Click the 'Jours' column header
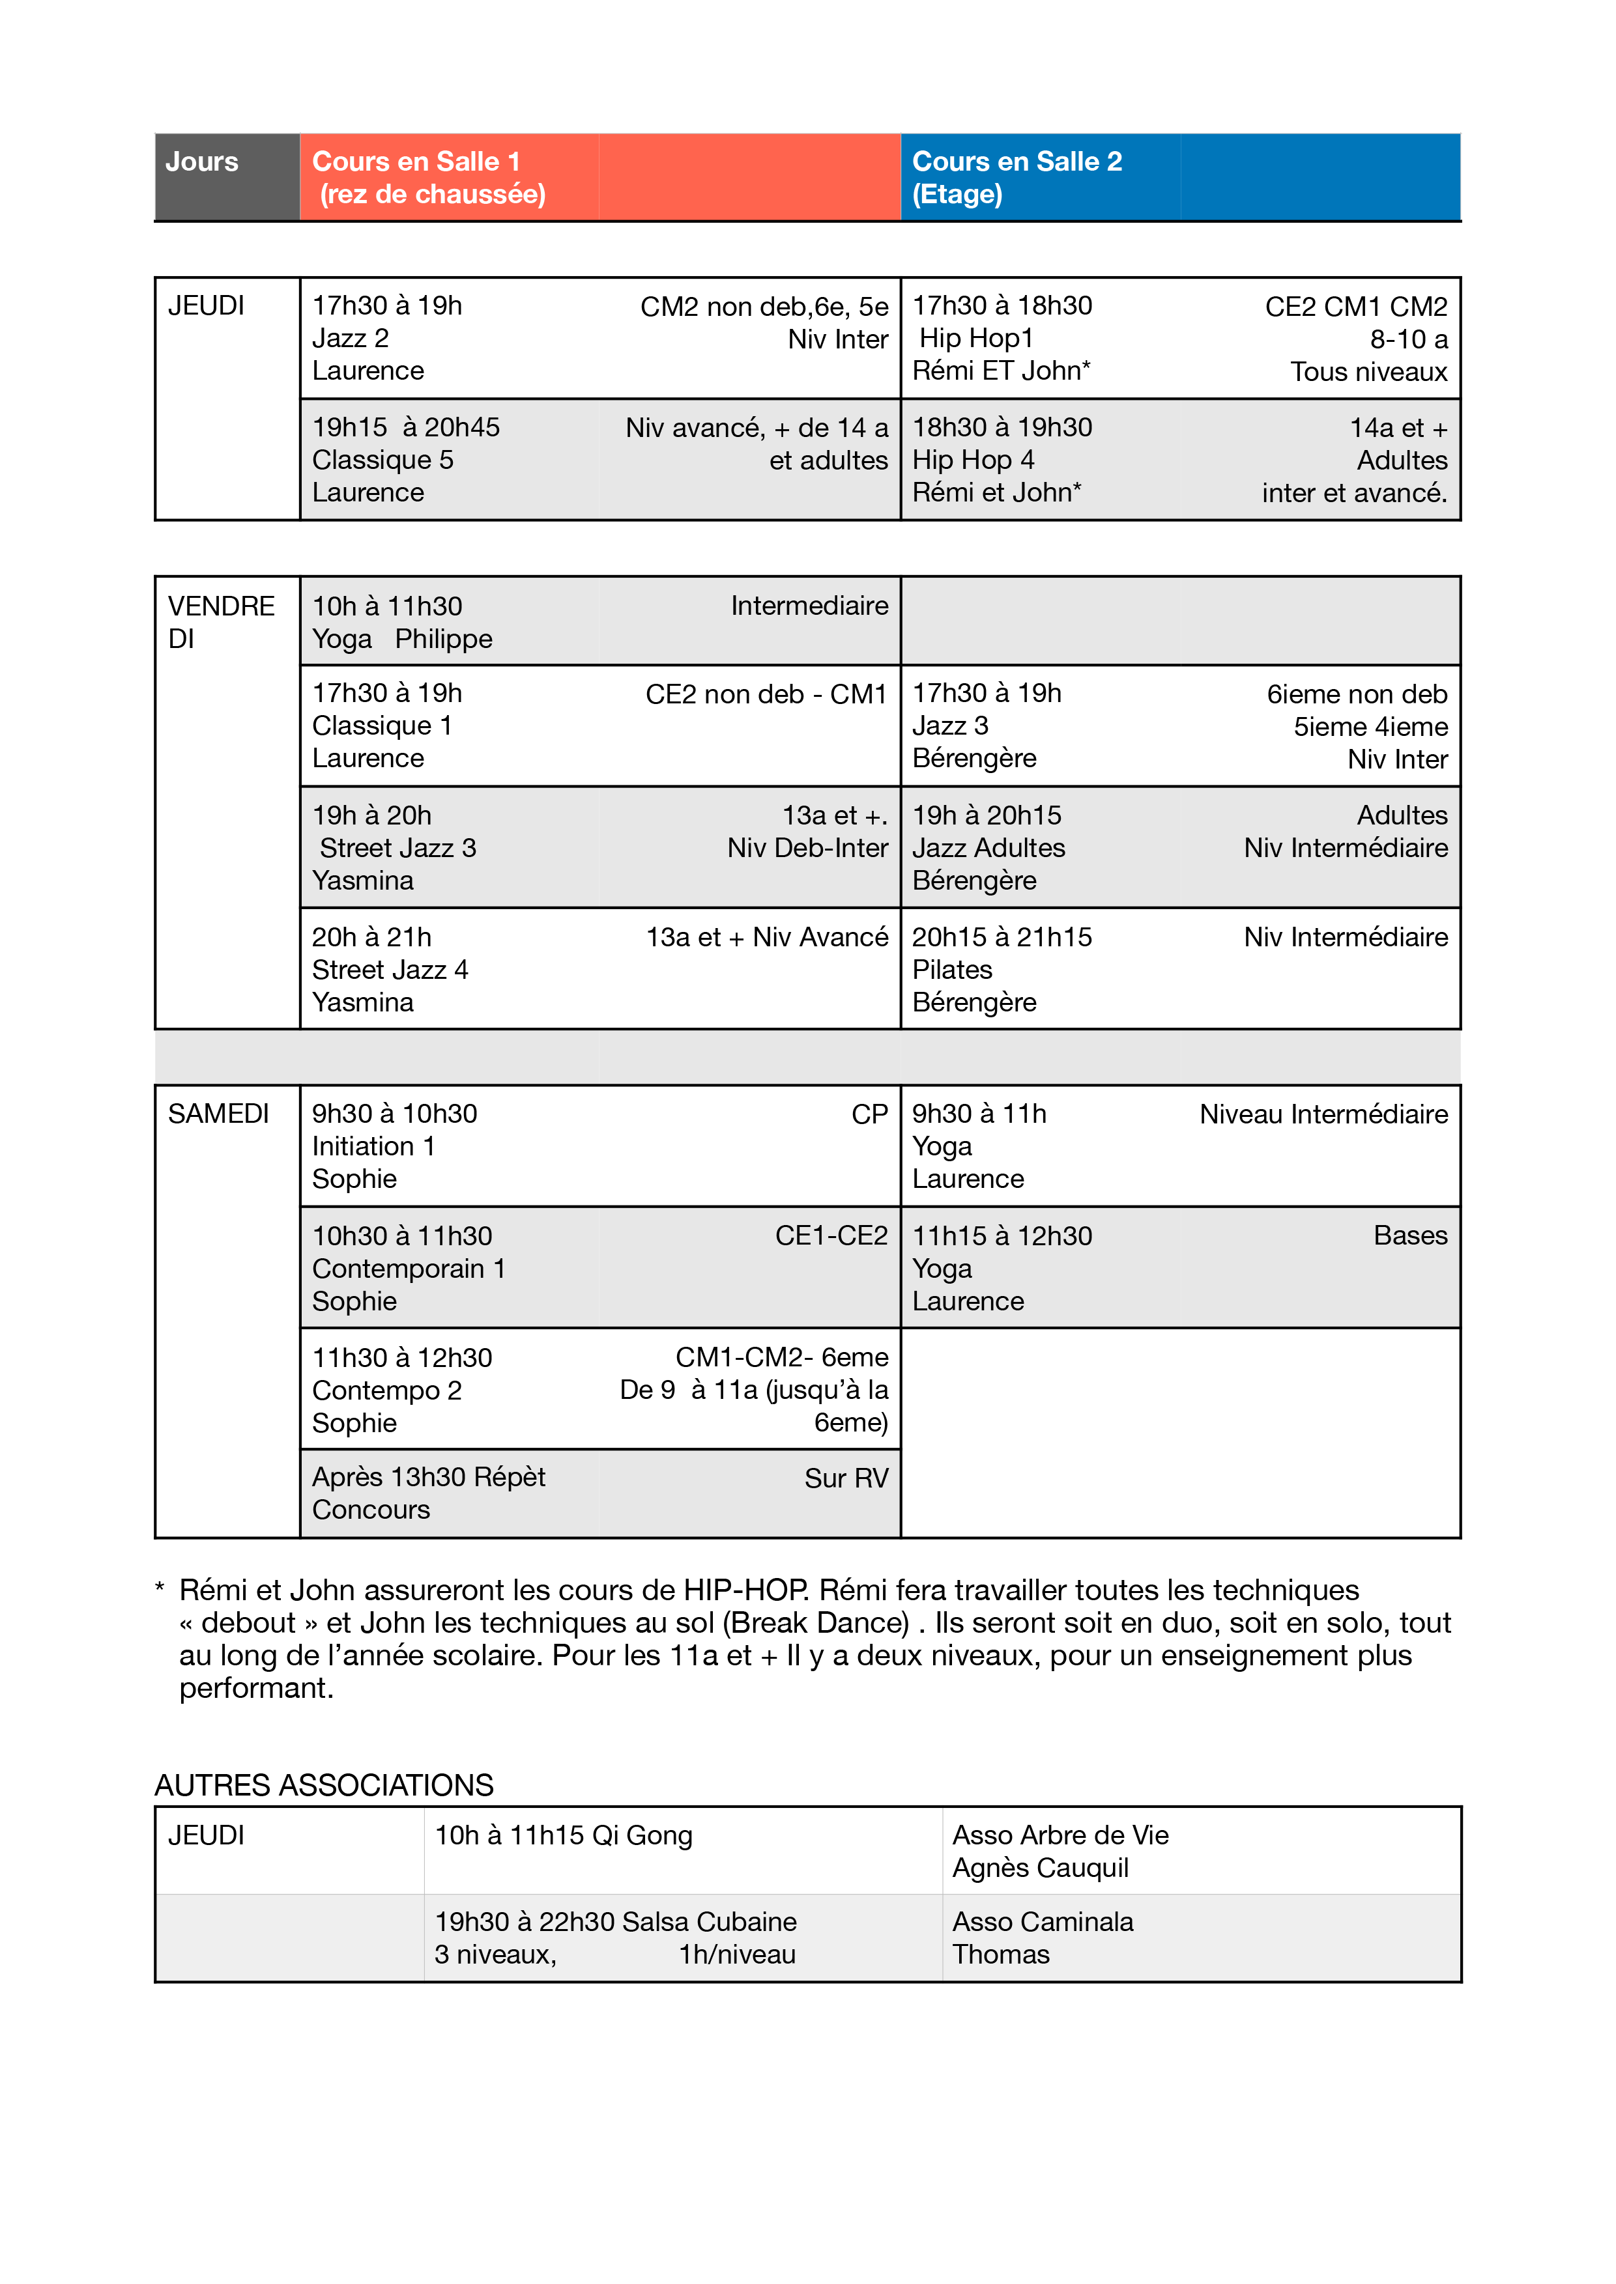point(202,162)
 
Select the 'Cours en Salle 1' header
point(416,162)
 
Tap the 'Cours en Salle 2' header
point(1017,162)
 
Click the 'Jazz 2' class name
point(351,338)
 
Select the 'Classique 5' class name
point(383,460)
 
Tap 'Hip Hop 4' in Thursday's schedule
point(973,460)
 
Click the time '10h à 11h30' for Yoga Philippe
point(387,606)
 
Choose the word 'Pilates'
point(952,969)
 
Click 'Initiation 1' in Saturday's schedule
point(374,1146)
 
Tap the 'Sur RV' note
point(846,1478)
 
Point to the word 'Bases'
point(1410,1235)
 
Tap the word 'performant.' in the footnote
point(257,1688)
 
